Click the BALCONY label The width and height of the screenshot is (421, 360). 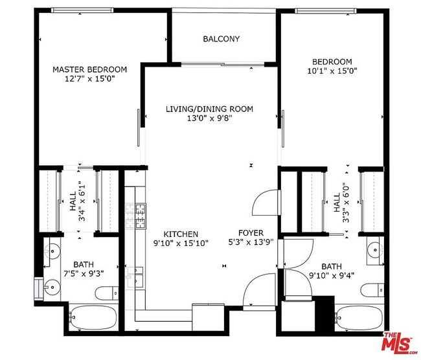click(x=221, y=39)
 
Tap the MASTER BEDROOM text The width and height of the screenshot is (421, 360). click(x=89, y=69)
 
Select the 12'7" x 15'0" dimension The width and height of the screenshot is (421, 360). click(x=89, y=79)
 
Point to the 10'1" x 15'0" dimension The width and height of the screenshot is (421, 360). click(x=332, y=71)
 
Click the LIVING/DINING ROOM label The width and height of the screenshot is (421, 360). click(x=209, y=109)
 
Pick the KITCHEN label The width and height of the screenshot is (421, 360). click(x=181, y=234)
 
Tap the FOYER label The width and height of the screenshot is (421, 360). click(x=251, y=232)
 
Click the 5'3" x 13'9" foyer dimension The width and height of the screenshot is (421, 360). click(x=251, y=242)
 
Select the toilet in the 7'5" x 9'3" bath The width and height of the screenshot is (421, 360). click(x=107, y=293)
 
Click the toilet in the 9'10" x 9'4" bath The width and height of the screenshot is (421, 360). click(x=372, y=290)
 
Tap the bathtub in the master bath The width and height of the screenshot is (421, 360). click(x=93, y=317)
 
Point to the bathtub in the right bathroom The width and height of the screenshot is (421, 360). click(x=359, y=317)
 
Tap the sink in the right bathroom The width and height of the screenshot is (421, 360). click(x=375, y=250)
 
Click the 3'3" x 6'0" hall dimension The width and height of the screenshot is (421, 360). click(x=341, y=203)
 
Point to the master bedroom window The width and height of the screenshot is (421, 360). click(x=82, y=10)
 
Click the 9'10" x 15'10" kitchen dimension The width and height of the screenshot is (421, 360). click(x=181, y=243)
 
